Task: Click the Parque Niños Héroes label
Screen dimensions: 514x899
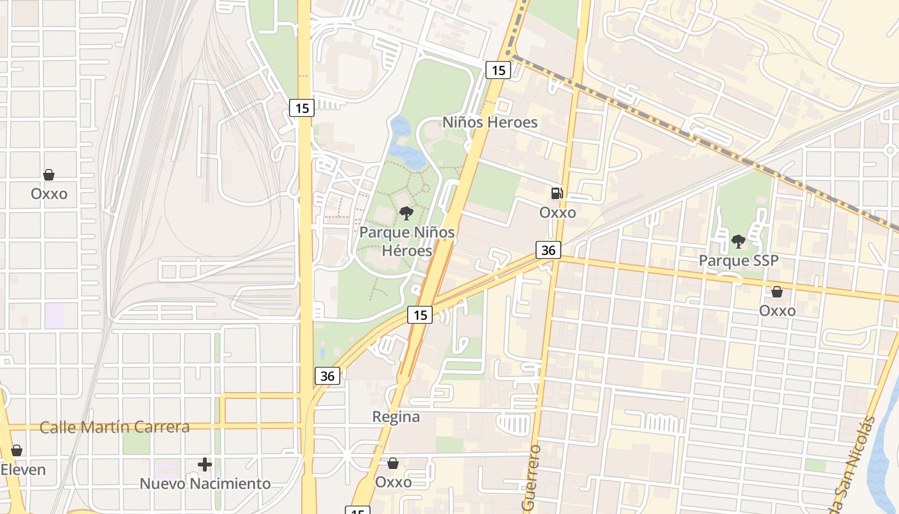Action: [x=407, y=241]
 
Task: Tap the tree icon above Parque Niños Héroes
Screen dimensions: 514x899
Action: [x=406, y=213]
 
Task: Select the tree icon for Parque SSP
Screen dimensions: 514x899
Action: [x=738, y=242]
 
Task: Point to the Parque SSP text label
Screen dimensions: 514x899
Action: [x=738, y=261]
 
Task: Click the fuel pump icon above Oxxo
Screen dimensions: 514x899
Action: [x=557, y=193]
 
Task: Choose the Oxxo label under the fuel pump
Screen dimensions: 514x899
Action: [x=557, y=212]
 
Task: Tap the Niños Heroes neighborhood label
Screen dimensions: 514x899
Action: [x=490, y=122]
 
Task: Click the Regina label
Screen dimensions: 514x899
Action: [x=396, y=417]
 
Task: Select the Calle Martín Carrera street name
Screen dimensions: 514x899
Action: [x=115, y=427]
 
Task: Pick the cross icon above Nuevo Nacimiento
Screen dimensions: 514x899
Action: [x=205, y=464]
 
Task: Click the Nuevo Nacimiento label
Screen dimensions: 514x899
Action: [x=205, y=484]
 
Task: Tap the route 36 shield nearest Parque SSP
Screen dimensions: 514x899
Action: [x=548, y=250]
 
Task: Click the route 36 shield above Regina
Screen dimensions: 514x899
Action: [x=327, y=376]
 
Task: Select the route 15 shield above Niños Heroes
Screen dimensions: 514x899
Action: [x=498, y=70]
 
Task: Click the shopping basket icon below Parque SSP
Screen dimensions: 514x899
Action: [x=777, y=292]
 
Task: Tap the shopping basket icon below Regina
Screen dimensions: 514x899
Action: [x=393, y=463]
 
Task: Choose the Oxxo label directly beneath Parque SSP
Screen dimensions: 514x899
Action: [x=777, y=311]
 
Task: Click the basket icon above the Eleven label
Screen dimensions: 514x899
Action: [x=17, y=450]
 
